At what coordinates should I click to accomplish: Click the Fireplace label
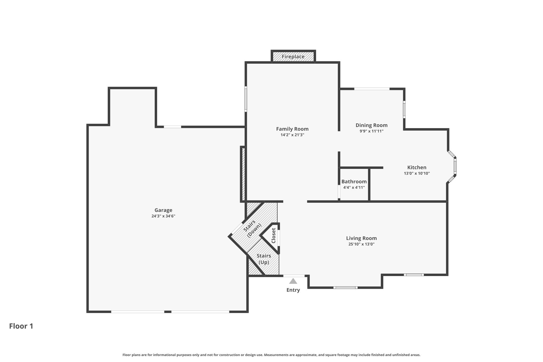pyautogui.click(x=293, y=56)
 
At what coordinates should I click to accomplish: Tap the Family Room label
pyautogui.click(x=292, y=129)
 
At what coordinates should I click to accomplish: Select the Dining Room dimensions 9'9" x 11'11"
pyautogui.click(x=371, y=131)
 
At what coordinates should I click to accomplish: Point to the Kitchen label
pyautogui.click(x=417, y=167)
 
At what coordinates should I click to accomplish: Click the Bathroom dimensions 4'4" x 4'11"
pyautogui.click(x=354, y=187)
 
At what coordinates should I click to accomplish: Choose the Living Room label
pyautogui.click(x=361, y=238)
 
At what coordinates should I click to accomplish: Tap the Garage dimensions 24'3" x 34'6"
pyautogui.click(x=163, y=216)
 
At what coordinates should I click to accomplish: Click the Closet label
pyautogui.click(x=274, y=235)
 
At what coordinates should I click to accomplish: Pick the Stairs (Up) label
pyautogui.click(x=264, y=259)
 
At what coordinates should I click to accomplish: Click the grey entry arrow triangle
pyautogui.click(x=293, y=281)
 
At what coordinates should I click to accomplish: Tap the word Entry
pyautogui.click(x=293, y=290)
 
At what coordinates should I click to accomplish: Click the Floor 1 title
pyautogui.click(x=21, y=326)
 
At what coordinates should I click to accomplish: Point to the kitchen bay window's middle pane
pyautogui.click(x=455, y=166)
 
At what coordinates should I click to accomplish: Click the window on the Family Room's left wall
pyautogui.click(x=246, y=99)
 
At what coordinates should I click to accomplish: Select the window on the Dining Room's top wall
pyautogui.click(x=372, y=89)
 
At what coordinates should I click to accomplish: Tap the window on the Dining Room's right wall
pyautogui.click(x=404, y=109)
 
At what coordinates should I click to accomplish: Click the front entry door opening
pyautogui.click(x=294, y=276)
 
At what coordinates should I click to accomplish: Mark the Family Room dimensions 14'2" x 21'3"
pyautogui.click(x=292, y=135)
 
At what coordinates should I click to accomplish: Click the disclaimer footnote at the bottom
pyautogui.click(x=271, y=355)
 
